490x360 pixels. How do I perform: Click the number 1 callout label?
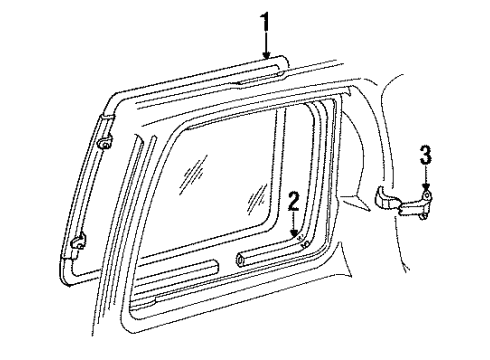tap(265, 18)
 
